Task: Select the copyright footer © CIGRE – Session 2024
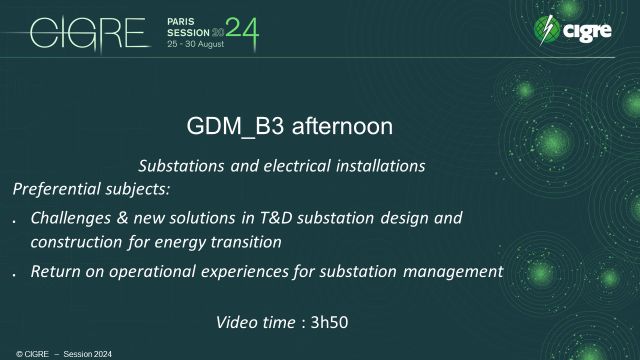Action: pyautogui.click(x=50, y=353)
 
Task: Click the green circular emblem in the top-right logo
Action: pyautogui.click(x=547, y=31)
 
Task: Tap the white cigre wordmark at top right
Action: pyautogui.click(x=589, y=33)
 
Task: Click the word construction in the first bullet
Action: pyautogui.click(x=75, y=242)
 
